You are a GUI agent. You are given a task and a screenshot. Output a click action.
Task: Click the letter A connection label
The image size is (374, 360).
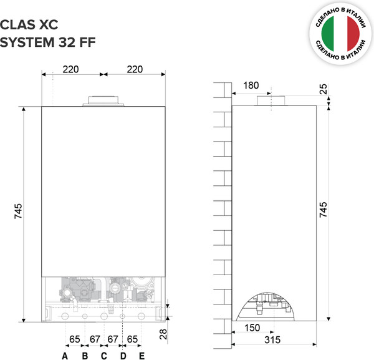point(64,356)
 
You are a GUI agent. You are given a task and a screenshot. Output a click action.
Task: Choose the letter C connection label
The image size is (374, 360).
point(103,356)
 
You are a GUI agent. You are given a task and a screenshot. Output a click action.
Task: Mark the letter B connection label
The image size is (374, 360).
point(85,356)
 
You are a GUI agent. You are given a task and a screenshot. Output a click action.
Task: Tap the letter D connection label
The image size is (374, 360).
point(123,356)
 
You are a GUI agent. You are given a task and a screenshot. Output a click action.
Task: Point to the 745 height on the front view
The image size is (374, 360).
point(18,212)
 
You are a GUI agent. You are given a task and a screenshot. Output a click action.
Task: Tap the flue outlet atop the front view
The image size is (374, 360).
point(103,100)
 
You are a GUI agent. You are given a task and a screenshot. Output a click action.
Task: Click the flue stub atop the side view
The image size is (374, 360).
point(272,101)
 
